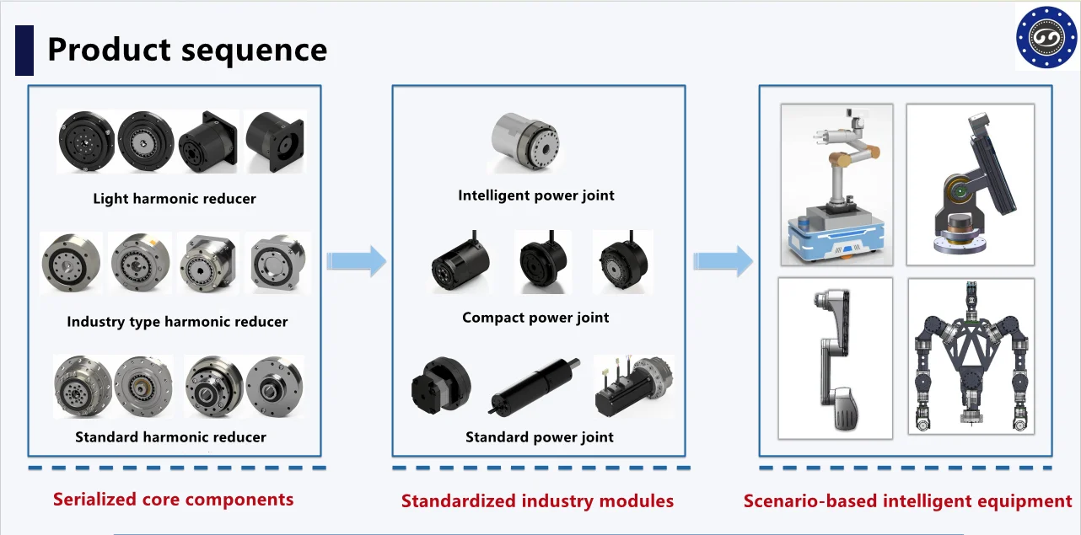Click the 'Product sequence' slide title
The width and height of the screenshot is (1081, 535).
pyautogui.click(x=186, y=50)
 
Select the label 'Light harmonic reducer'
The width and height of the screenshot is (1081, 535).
pyautogui.click(x=175, y=199)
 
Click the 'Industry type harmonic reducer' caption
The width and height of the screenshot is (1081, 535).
pyautogui.click(x=177, y=322)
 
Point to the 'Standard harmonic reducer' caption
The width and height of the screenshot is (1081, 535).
pyautogui.click(x=170, y=437)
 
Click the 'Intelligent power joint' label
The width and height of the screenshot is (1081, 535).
pyautogui.click(x=536, y=195)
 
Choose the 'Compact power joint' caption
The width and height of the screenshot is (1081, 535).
pyautogui.click(x=535, y=318)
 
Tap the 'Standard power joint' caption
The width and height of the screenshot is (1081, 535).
pyautogui.click(x=540, y=437)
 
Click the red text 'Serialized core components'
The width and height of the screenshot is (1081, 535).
pyautogui.click(x=173, y=499)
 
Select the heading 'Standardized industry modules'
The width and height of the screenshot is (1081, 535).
pyautogui.click(x=537, y=501)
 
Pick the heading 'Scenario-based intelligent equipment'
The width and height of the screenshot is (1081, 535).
pyautogui.click(x=907, y=501)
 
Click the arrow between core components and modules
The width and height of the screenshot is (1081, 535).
pyautogui.click(x=356, y=261)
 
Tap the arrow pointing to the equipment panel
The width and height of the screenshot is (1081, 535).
pyautogui.click(x=723, y=261)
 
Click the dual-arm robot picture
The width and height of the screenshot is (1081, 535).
pyautogui.click(x=971, y=356)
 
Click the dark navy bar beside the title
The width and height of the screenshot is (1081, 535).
pyautogui.click(x=24, y=51)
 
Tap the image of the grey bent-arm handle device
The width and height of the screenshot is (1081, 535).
pyautogui.click(x=835, y=358)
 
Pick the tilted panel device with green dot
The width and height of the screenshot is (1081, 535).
pyautogui.click(x=970, y=184)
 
